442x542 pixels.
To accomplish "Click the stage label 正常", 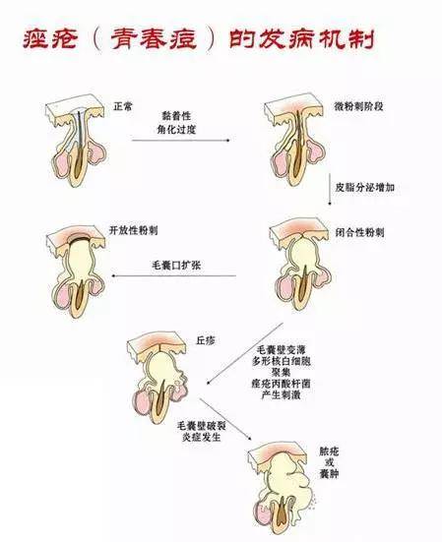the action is (123, 105).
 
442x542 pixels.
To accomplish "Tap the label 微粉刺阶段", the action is (358, 105).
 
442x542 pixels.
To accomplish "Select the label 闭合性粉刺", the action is (359, 232).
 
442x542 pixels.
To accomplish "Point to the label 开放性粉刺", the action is (134, 230).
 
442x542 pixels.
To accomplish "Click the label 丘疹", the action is (206, 340).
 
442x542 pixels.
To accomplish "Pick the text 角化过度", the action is (177, 129).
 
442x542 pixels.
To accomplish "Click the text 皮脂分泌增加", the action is (364, 187).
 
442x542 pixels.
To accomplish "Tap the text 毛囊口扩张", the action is (176, 266).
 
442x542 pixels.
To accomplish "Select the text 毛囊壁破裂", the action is (202, 426).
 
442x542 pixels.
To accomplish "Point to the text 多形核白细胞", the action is (282, 361).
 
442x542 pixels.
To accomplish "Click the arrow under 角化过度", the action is (181, 141).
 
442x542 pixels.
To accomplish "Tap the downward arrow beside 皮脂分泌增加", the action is (330, 190).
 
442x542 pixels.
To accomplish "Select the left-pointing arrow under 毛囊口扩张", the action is (174, 275).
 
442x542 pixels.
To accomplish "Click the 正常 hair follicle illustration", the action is (76, 140).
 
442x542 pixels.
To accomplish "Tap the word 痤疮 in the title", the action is (50, 38).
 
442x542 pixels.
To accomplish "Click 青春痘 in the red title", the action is (154, 39).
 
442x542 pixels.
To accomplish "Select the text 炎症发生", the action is (202, 438).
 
